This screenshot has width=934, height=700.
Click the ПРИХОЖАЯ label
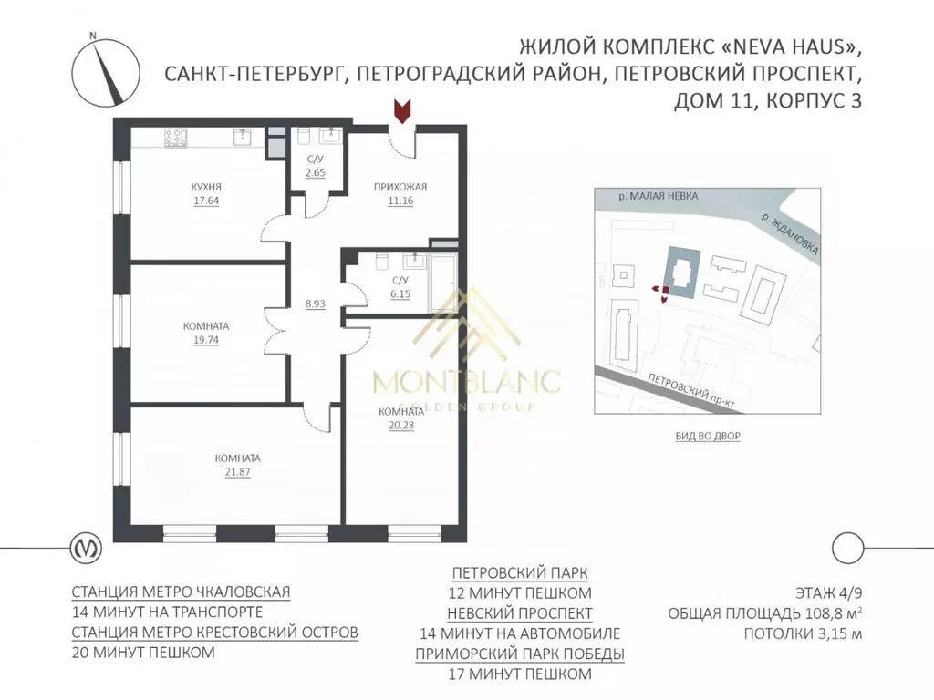(400, 187)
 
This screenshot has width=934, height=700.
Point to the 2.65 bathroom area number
(316, 172)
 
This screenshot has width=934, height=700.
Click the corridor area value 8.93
(316, 304)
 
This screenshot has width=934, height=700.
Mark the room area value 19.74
(205, 339)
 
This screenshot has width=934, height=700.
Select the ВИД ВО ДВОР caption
(708, 437)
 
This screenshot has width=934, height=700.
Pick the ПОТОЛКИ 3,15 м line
(803, 634)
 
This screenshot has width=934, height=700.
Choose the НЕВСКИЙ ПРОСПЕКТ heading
(520, 613)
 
